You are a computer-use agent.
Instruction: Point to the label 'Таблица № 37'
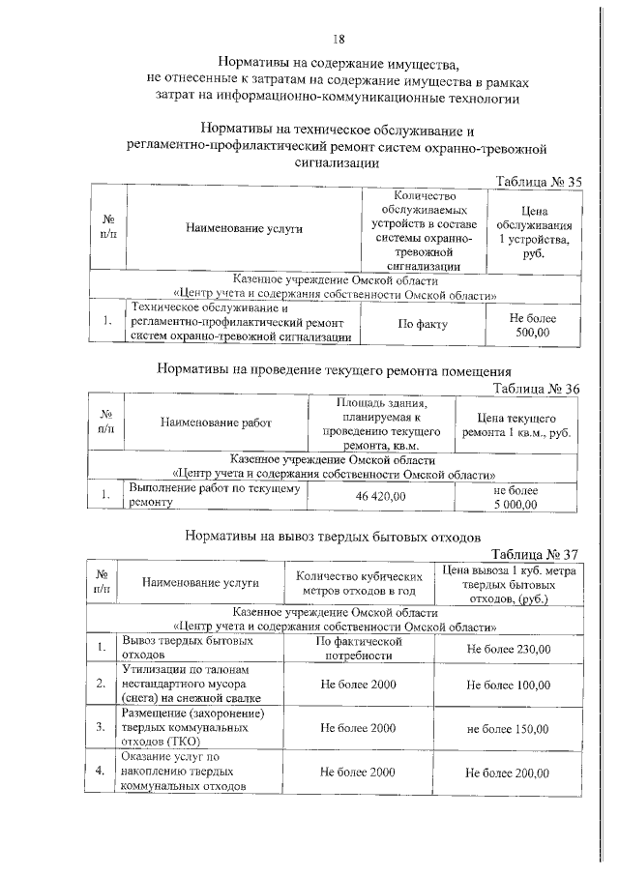tap(534, 555)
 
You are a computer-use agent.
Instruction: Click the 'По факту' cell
tap(422, 325)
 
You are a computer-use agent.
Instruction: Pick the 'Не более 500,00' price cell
tap(530, 325)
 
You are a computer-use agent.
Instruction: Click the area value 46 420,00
tap(380, 496)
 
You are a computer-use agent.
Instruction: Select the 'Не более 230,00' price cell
tap(509, 648)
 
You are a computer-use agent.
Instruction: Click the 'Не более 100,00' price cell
tap(509, 685)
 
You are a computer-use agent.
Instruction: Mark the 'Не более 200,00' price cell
tap(509, 773)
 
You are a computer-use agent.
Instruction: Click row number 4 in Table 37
tap(101, 772)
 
